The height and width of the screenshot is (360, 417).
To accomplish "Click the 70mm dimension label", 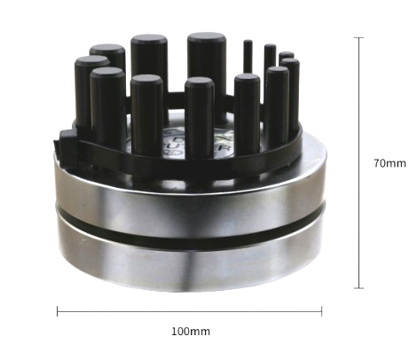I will click(389, 163).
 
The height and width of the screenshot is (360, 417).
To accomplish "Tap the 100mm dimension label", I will click(190, 332).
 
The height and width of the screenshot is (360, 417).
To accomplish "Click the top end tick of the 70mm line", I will click(359, 38).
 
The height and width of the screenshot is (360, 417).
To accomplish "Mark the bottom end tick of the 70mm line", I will click(359, 287).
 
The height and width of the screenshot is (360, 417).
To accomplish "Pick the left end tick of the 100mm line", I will click(58, 310).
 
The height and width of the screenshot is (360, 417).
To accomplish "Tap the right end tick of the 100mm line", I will click(321, 310).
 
